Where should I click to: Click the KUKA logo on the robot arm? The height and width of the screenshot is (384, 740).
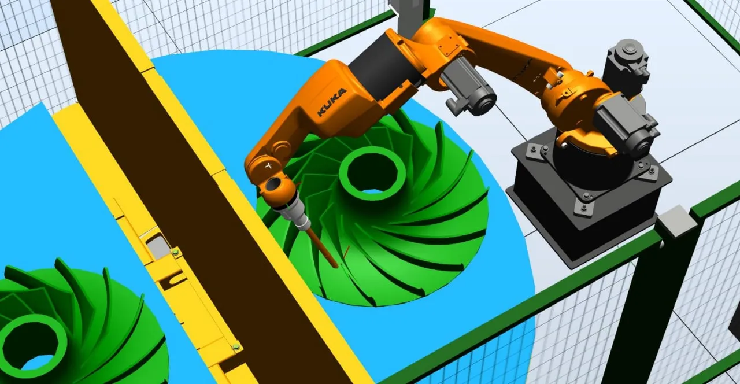pos(332,102)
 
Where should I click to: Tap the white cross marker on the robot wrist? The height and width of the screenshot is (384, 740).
pos(269,165)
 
